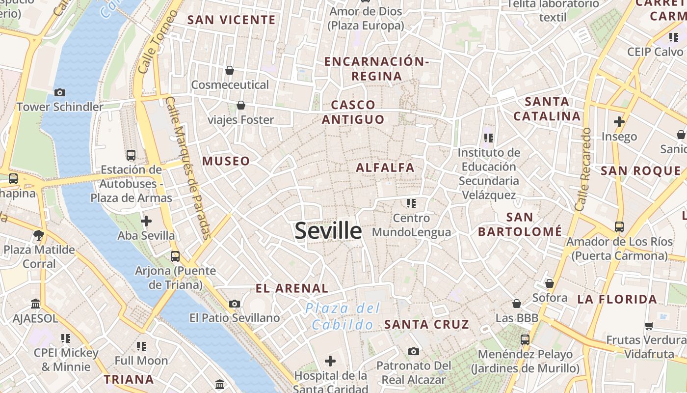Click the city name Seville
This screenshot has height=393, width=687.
[x=328, y=231]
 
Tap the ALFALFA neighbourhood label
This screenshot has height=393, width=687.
[x=385, y=168]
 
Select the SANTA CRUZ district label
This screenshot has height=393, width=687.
[x=426, y=324]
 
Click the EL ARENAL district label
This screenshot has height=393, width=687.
[x=292, y=288]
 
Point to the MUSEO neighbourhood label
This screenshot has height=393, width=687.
[x=226, y=161]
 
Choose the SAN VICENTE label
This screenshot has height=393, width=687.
[x=232, y=20]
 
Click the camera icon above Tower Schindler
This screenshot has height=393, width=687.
[x=60, y=92]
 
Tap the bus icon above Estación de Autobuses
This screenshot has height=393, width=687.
[x=131, y=155]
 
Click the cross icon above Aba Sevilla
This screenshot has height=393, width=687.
[x=146, y=221]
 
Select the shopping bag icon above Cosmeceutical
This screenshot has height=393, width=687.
[x=230, y=71]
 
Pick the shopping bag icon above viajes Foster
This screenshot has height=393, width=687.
[x=241, y=105]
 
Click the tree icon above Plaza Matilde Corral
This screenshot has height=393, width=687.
[x=39, y=235]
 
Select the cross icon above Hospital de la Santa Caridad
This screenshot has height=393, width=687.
[x=330, y=362]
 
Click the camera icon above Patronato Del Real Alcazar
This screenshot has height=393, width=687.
[x=414, y=351]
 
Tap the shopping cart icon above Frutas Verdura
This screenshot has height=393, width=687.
[x=649, y=326]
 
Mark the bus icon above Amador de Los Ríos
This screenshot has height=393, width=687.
[x=619, y=227]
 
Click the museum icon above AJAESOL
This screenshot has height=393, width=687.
[x=35, y=304]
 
